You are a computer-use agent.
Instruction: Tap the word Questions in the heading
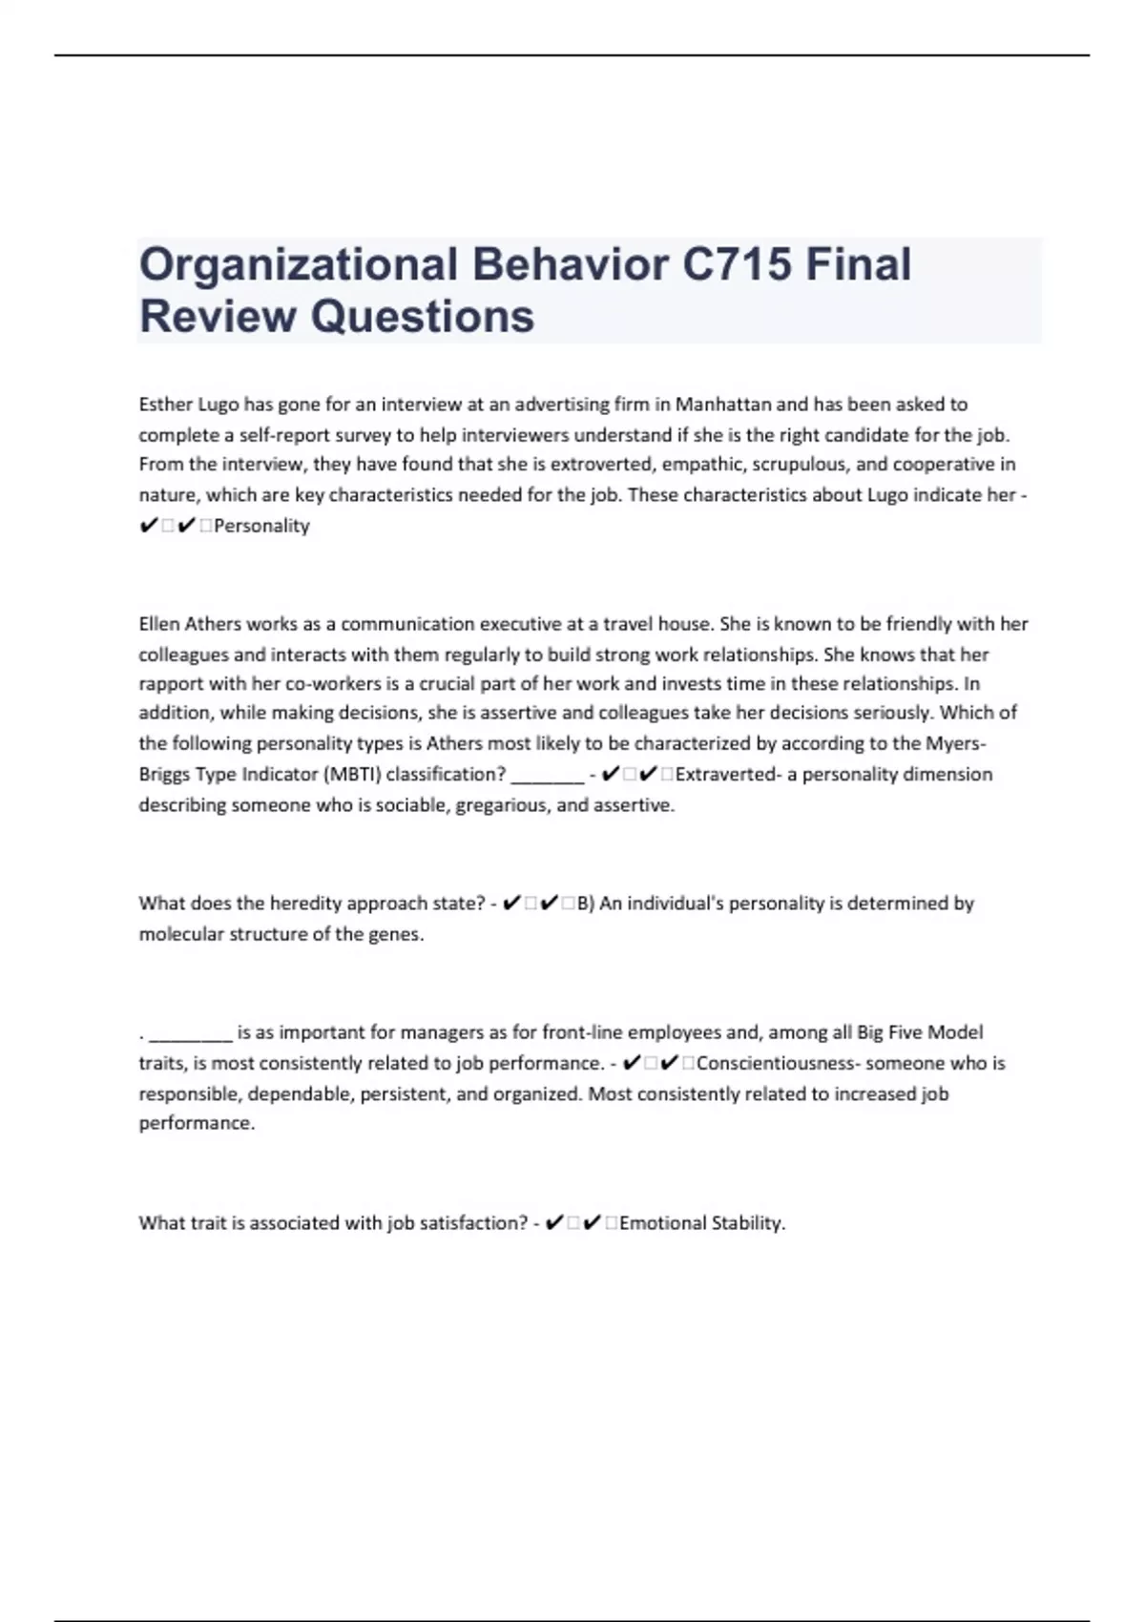point(423,316)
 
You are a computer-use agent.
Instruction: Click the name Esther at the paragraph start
point(165,405)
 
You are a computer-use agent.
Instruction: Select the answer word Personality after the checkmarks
point(262,526)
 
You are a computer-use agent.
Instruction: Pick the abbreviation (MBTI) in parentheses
point(350,774)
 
